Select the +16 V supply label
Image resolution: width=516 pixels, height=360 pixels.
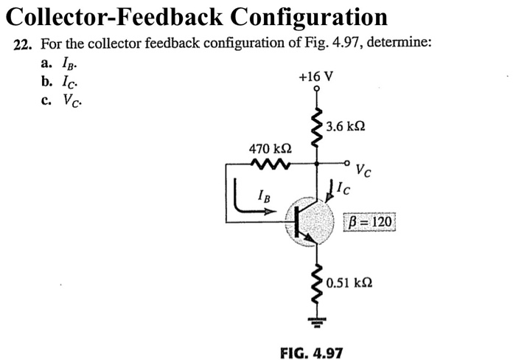tap(316, 76)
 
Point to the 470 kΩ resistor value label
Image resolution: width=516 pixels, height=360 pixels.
tap(271, 148)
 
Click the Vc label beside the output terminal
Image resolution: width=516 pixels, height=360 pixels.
tap(363, 172)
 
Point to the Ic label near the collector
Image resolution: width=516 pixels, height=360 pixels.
tap(342, 190)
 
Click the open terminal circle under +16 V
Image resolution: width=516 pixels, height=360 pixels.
tap(317, 90)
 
